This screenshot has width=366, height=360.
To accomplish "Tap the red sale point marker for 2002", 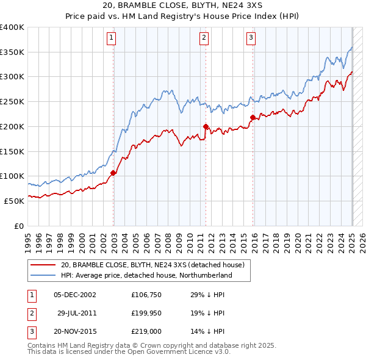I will click(113, 173).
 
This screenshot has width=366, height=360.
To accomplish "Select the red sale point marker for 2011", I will click(206, 126).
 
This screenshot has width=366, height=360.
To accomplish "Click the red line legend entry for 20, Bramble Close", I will click(152, 265).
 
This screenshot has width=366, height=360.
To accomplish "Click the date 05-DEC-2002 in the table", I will click(75, 295).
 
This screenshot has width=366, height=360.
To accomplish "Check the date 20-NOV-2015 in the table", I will click(76, 331).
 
